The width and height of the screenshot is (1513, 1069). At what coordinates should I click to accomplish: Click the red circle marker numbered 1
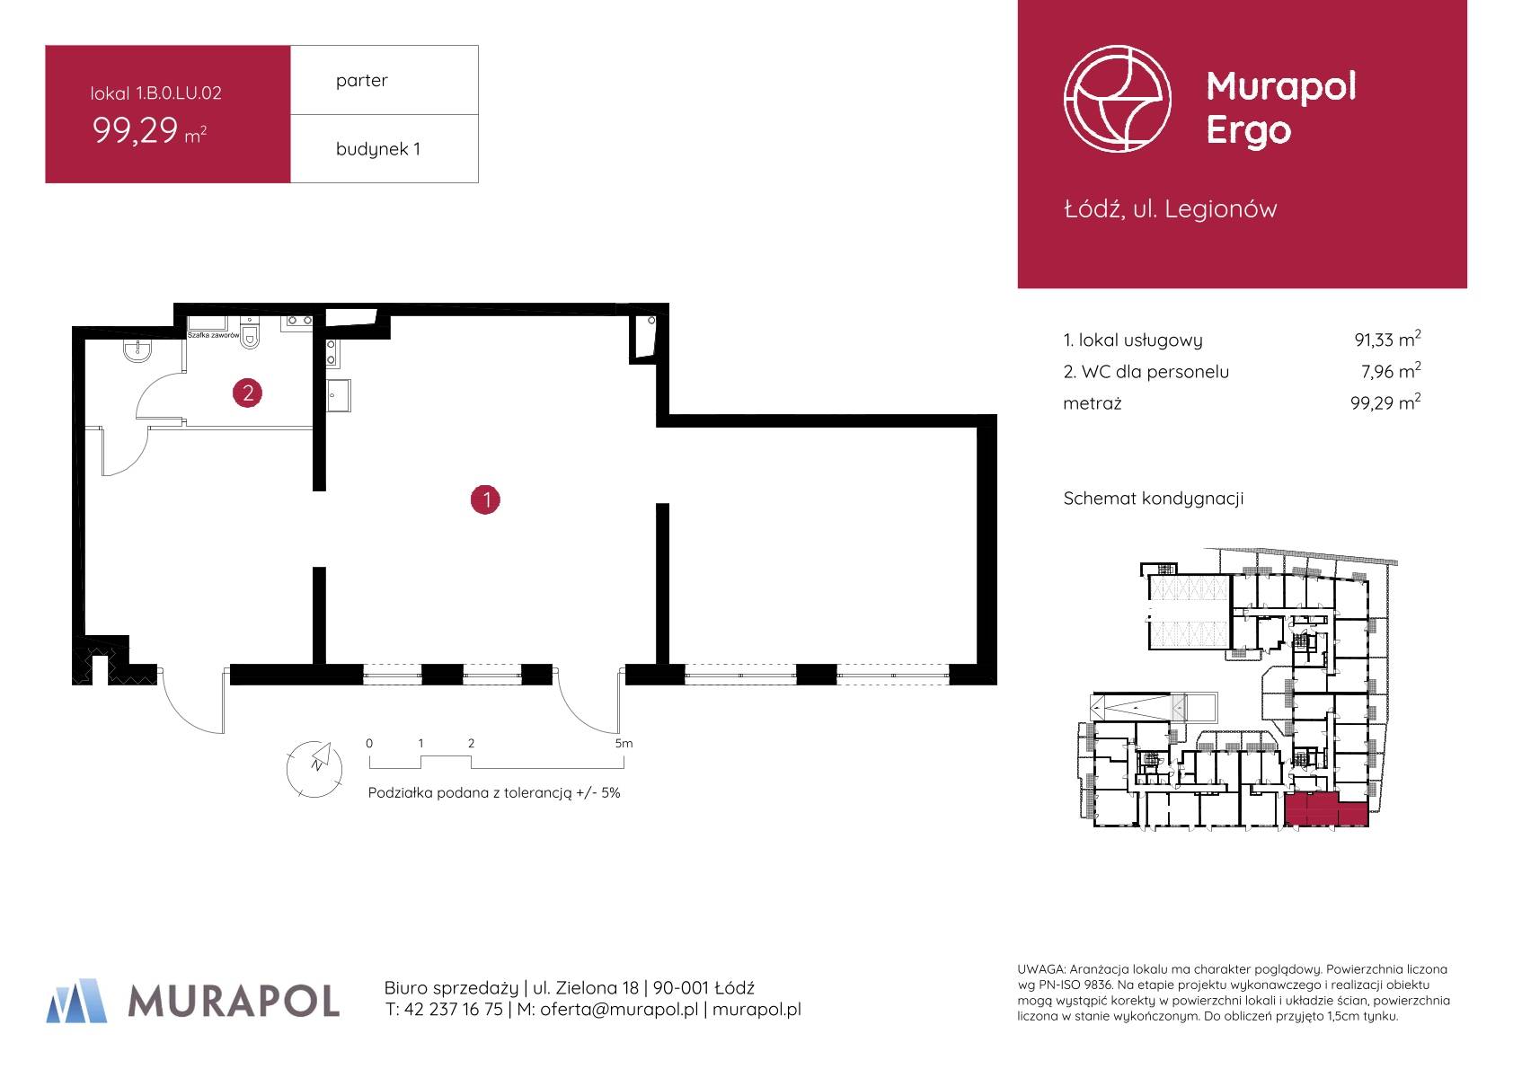point(485,499)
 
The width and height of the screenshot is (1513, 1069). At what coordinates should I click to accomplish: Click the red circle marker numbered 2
point(247,393)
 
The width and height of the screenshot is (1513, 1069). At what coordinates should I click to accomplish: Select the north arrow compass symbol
point(314,768)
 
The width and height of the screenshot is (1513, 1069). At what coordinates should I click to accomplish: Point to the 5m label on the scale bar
point(624,744)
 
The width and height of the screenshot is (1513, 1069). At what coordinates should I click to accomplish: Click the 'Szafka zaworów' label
point(213,335)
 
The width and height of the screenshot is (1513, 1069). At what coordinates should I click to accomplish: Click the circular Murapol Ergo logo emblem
point(1117,99)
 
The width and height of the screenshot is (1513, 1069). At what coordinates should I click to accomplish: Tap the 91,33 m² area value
point(1387,339)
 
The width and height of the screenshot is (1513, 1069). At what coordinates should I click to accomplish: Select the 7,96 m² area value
point(1391,371)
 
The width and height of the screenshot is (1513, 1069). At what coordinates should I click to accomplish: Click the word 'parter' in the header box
point(361,81)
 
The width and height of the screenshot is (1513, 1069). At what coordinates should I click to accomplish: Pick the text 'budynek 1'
point(377,148)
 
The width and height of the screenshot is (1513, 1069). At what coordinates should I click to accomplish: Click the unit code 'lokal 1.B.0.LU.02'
point(156,93)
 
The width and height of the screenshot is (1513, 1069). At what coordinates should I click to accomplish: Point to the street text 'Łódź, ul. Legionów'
point(1170,209)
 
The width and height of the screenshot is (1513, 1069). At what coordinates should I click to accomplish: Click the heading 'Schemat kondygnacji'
point(1153,499)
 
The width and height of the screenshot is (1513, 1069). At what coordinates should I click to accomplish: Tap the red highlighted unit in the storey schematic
point(1325,809)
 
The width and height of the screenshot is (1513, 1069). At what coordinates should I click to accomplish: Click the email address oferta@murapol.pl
point(619,1010)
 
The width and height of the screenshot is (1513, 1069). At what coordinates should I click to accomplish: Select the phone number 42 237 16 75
point(453,1010)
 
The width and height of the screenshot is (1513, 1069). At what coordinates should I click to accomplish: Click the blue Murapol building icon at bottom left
point(77,1000)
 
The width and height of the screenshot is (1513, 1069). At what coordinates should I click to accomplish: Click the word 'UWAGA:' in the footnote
point(1041,969)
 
